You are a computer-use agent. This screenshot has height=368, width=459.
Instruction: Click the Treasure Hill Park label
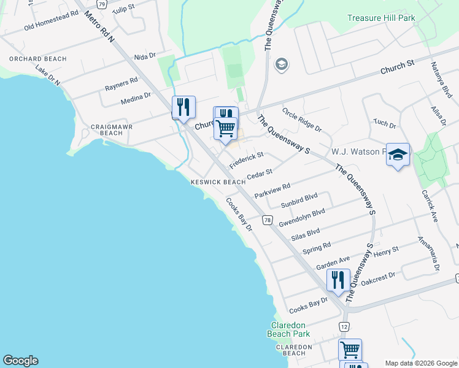(382, 18)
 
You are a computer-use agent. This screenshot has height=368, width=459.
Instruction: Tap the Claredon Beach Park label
(288, 329)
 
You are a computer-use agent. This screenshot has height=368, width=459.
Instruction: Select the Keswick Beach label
(218, 182)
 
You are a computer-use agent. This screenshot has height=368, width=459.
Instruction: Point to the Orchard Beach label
(29, 59)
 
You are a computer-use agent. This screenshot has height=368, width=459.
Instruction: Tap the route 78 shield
(267, 220)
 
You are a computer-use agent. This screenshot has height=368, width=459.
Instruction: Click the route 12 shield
(344, 326)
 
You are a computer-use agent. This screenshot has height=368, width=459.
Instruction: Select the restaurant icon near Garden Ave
(338, 280)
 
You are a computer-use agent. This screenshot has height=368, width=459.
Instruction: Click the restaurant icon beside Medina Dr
(183, 107)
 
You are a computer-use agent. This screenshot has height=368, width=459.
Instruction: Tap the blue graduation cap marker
(398, 155)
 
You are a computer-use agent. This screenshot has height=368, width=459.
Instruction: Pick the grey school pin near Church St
(282, 65)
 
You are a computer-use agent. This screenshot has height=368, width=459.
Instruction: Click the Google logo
(20, 361)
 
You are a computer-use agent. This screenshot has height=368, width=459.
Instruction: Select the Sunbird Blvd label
(299, 200)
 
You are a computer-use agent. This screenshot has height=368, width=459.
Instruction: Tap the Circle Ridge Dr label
(302, 120)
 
